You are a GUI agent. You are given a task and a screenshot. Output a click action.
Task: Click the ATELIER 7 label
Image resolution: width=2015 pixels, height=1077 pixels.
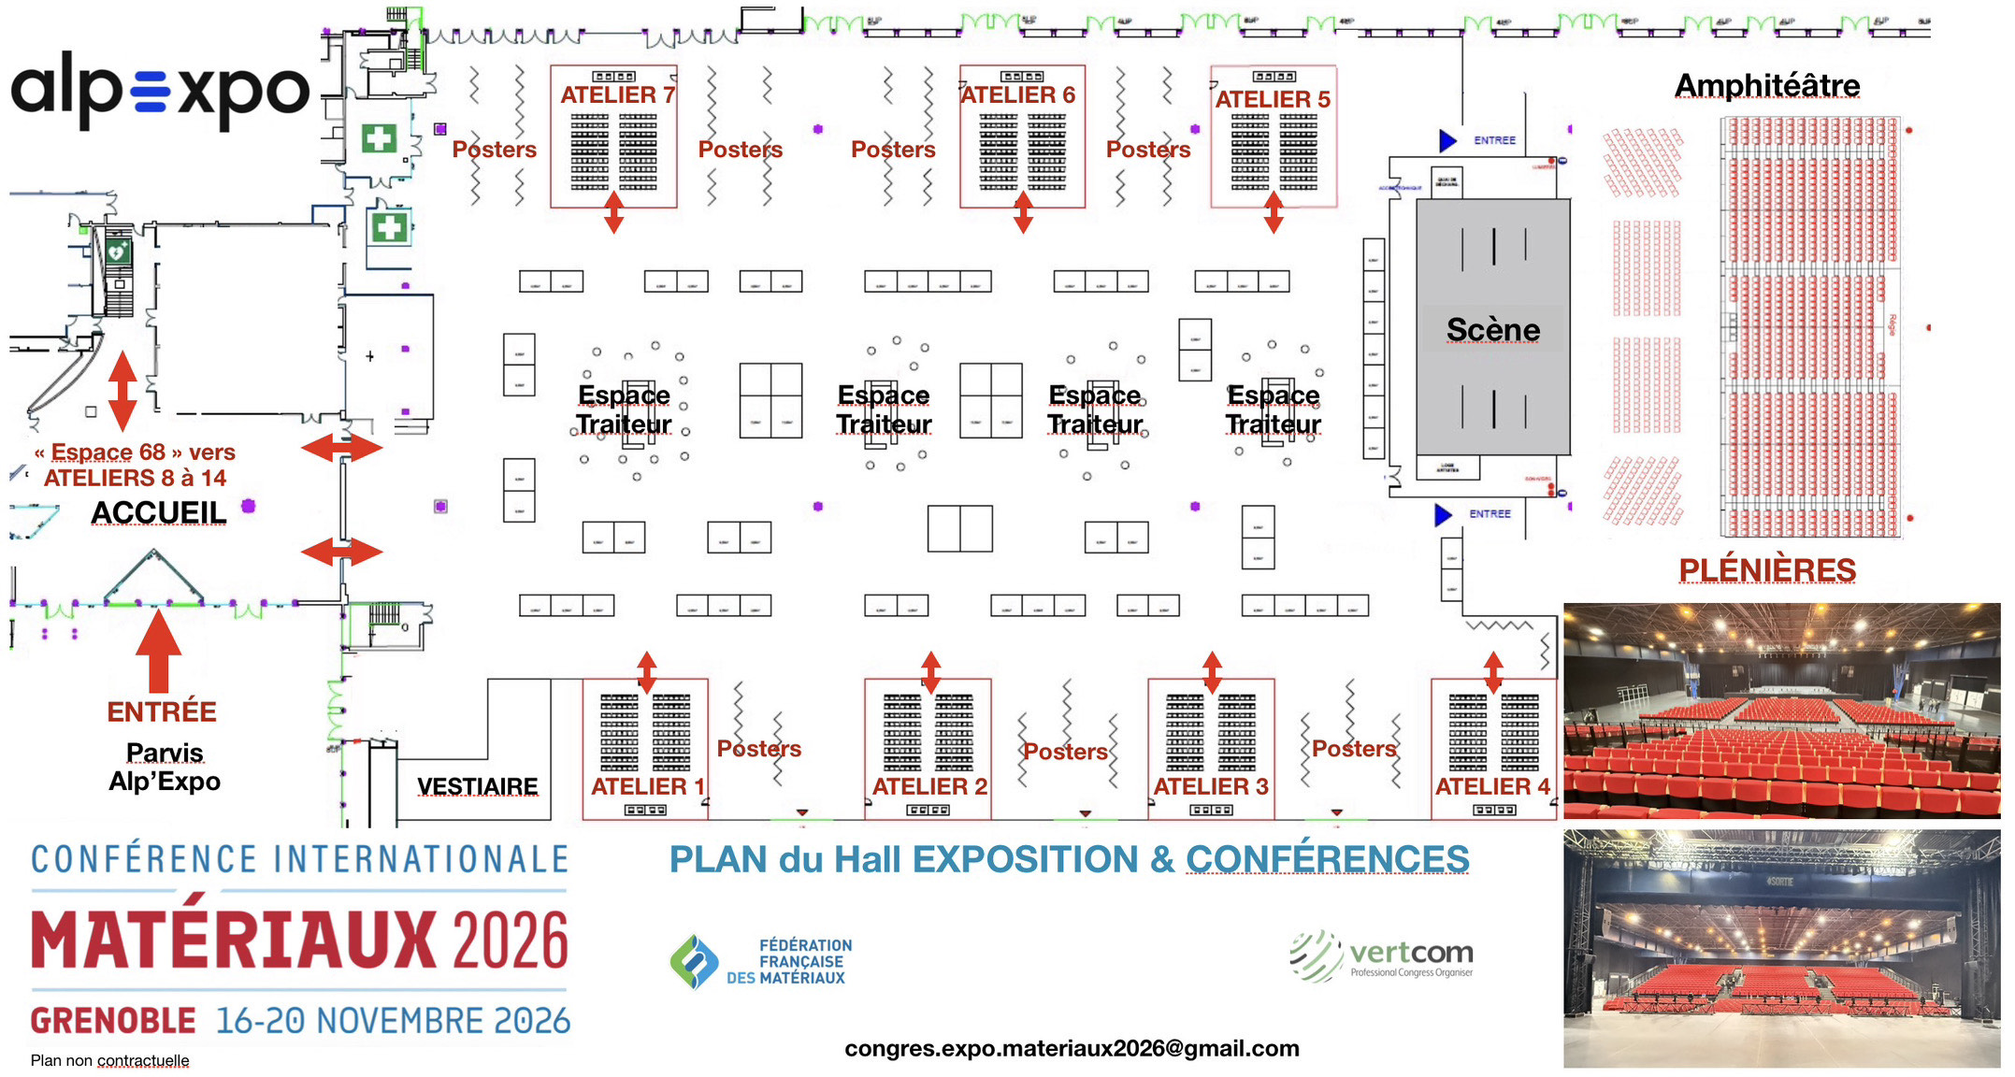(x=617, y=95)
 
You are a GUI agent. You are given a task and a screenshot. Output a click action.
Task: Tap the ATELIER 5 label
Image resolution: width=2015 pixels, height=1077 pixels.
(x=1273, y=99)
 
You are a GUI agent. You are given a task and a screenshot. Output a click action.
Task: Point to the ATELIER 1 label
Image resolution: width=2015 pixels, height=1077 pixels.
(x=647, y=786)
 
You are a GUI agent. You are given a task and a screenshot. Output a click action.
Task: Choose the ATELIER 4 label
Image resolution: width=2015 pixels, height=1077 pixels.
(x=1492, y=786)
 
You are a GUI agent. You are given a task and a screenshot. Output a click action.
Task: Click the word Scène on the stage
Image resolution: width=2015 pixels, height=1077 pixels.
(x=1492, y=330)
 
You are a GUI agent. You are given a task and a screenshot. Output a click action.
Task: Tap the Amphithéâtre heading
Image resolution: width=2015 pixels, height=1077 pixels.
(x=1766, y=86)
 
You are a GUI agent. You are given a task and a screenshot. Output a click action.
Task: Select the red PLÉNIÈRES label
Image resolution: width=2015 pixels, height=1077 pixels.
(x=1766, y=569)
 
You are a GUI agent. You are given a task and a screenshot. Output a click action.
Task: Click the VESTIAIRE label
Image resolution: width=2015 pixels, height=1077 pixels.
(x=477, y=786)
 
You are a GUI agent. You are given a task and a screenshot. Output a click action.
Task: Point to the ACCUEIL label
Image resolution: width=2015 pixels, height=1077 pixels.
(x=159, y=513)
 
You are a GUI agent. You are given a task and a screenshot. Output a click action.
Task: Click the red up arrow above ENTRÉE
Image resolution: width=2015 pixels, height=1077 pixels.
(x=159, y=650)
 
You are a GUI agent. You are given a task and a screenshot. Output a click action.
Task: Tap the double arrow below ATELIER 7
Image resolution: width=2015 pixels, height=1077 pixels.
(x=613, y=212)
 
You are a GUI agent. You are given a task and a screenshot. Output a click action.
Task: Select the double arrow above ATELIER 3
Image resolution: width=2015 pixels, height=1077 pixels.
(x=1212, y=672)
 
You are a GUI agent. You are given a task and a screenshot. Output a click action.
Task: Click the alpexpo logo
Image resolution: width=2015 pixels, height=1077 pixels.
(x=159, y=91)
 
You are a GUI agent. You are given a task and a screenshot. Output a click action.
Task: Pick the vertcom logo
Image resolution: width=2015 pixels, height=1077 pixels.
(x=1382, y=955)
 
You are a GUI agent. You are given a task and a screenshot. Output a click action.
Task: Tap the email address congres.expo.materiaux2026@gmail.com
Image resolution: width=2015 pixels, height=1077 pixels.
(x=1072, y=1049)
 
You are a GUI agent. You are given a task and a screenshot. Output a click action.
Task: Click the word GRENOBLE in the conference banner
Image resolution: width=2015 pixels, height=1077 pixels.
(x=113, y=1021)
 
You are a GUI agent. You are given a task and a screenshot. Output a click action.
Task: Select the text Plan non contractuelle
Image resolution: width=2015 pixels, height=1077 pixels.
(x=109, y=1060)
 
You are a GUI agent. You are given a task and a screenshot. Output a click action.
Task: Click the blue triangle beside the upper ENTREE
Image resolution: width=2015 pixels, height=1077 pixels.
(x=1446, y=140)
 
